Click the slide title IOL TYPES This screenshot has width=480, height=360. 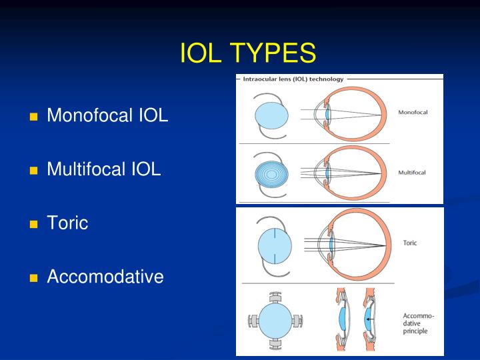(x=247, y=53)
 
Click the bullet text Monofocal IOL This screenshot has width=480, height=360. (x=107, y=116)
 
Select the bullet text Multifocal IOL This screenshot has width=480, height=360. (x=104, y=169)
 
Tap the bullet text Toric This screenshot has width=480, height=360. (x=67, y=223)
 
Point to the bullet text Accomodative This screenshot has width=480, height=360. (x=105, y=276)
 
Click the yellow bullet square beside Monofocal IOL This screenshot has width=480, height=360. (x=33, y=117)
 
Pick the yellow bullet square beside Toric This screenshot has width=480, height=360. (x=33, y=225)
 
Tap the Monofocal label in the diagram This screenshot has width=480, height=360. (x=413, y=112)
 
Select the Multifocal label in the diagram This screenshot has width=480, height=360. (x=413, y=172)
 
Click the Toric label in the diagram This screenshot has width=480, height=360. (x=410, y=243)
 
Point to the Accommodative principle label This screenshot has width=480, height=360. (x=419, y=323)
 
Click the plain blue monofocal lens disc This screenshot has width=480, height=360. (x=272, y=115)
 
